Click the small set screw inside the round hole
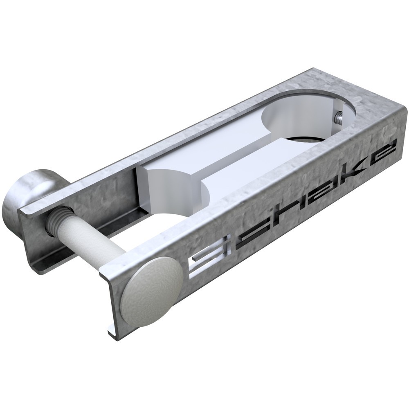[x=339, y=116]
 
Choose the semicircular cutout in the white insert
[x=178, y=182]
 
